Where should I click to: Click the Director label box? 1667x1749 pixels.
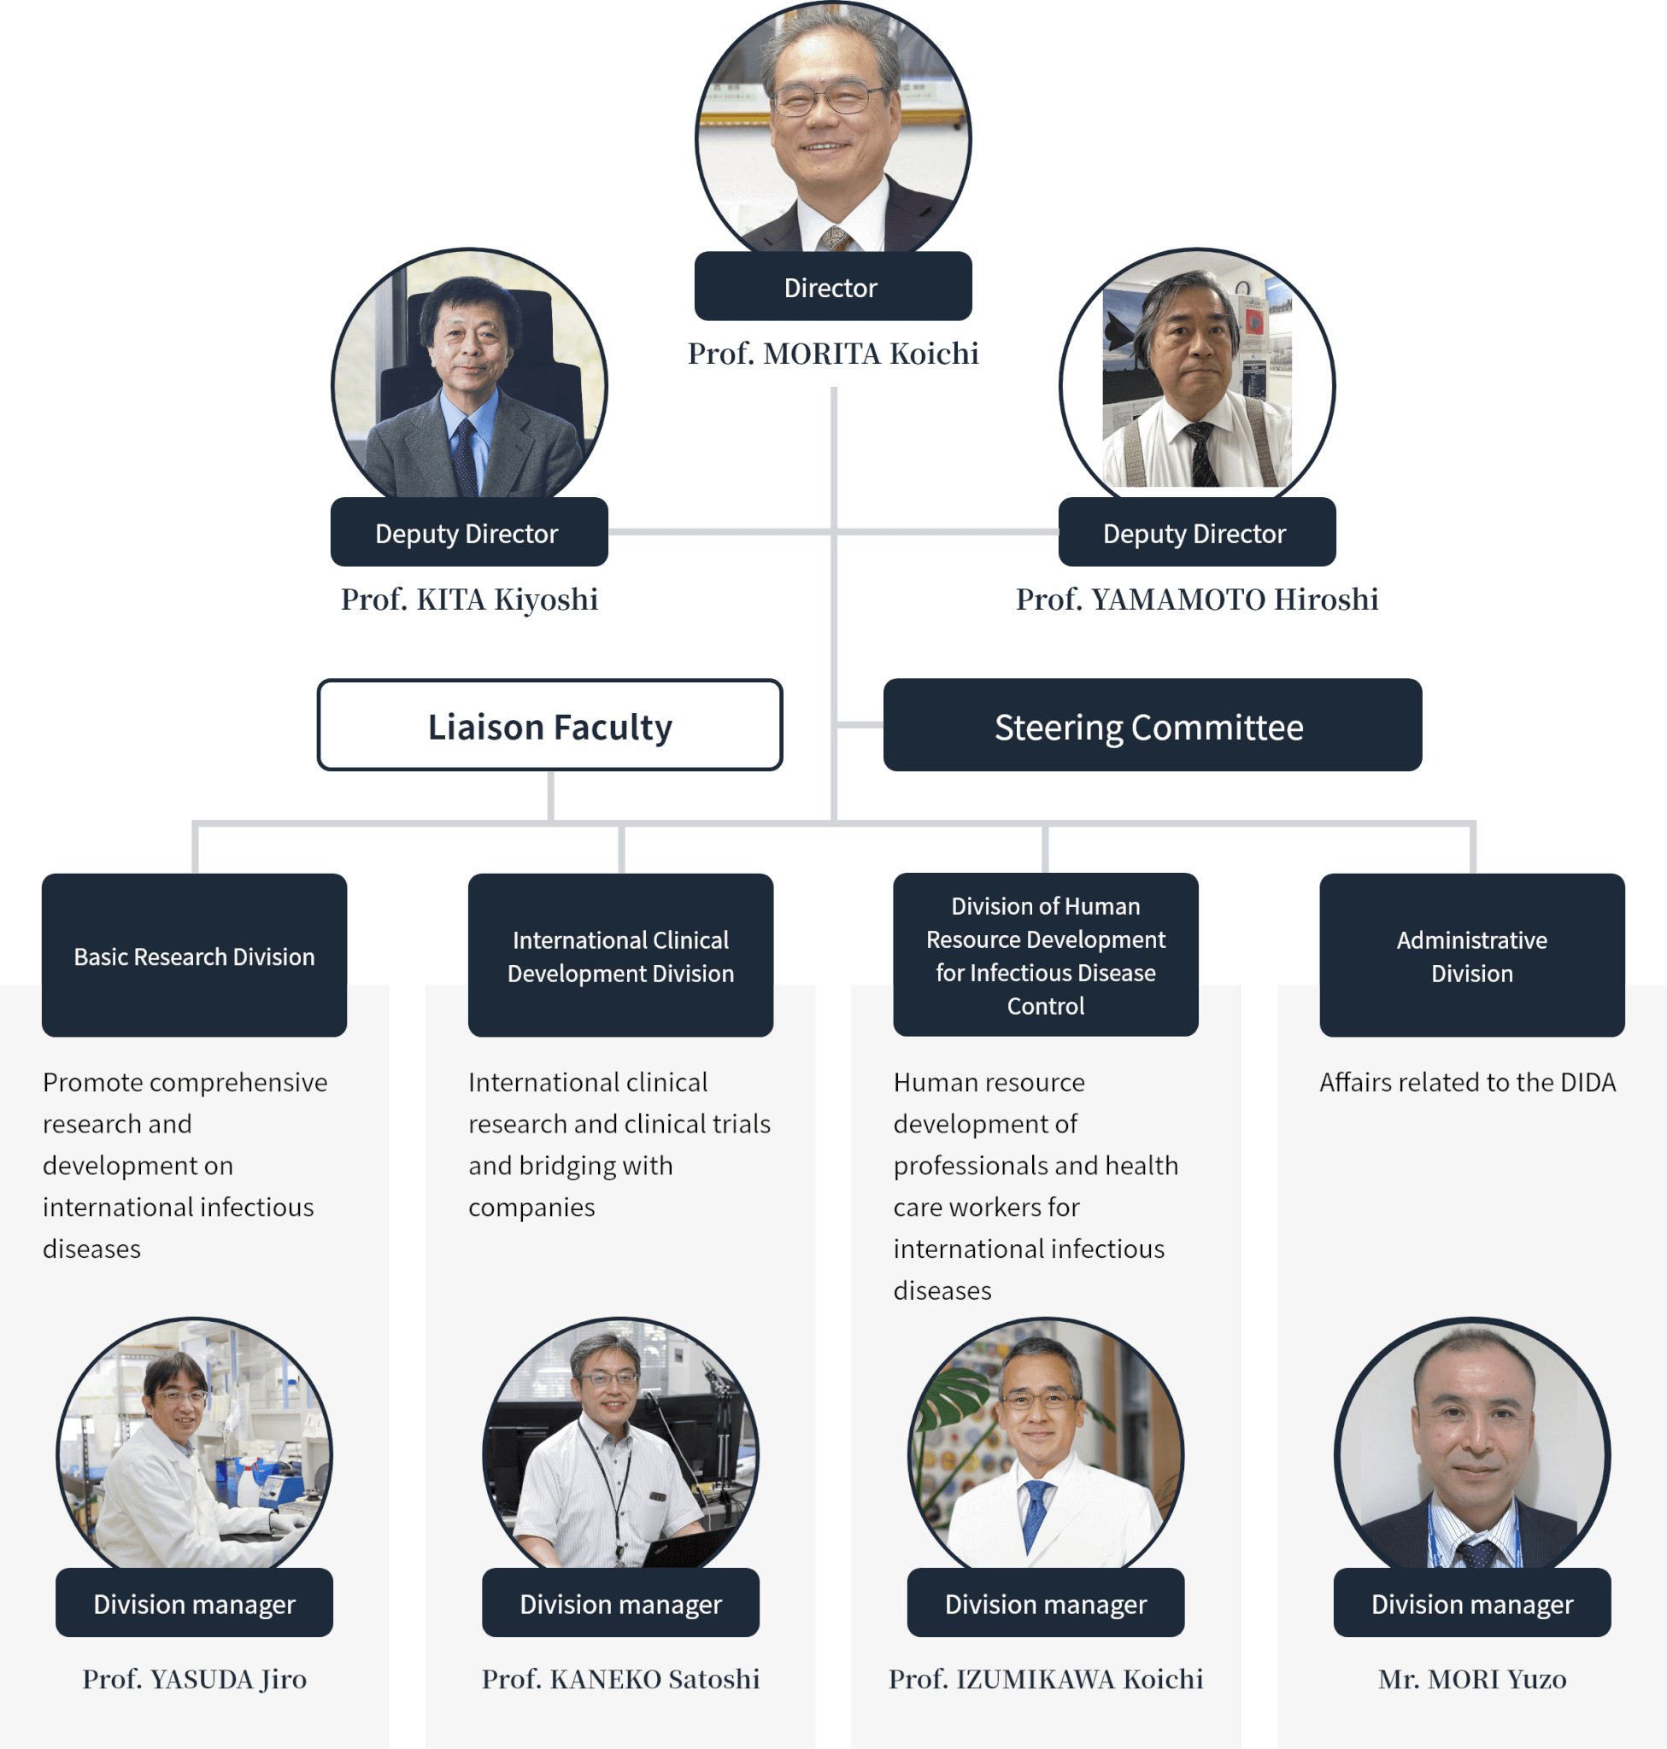point(832,287)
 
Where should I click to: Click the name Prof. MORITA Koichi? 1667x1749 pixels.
point(832,354)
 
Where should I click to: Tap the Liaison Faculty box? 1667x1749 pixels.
point(550,726)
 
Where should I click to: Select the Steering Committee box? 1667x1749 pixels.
point(1152,726)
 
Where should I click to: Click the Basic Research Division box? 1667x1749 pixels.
point(194,955)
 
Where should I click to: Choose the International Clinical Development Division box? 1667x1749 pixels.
point(620,955)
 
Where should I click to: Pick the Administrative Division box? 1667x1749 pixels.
point(1471,955)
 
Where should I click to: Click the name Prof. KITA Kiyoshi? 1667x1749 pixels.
point(469,600)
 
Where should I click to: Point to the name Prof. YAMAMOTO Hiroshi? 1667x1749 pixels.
point(1196,600)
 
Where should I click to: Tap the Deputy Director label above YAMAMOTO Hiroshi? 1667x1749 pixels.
point(1196,533)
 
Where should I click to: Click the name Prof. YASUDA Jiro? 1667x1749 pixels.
point(194,1679)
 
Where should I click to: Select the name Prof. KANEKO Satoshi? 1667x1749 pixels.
point(620,1679)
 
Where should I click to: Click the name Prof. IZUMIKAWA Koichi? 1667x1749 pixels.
point(1046,1679)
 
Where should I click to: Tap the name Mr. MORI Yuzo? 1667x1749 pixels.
point(1471,1679)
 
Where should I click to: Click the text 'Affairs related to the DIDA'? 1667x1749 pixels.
point(1467,1082)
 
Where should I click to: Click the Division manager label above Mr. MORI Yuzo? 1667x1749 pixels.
point(1471,1603)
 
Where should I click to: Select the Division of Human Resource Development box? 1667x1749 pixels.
point(1046,955)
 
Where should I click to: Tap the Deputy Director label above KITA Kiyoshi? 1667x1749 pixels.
point(468,533)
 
